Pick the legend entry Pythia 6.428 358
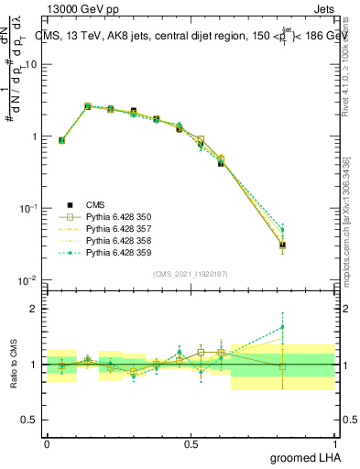tap(118, 239)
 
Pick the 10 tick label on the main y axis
tap(32, 64)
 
